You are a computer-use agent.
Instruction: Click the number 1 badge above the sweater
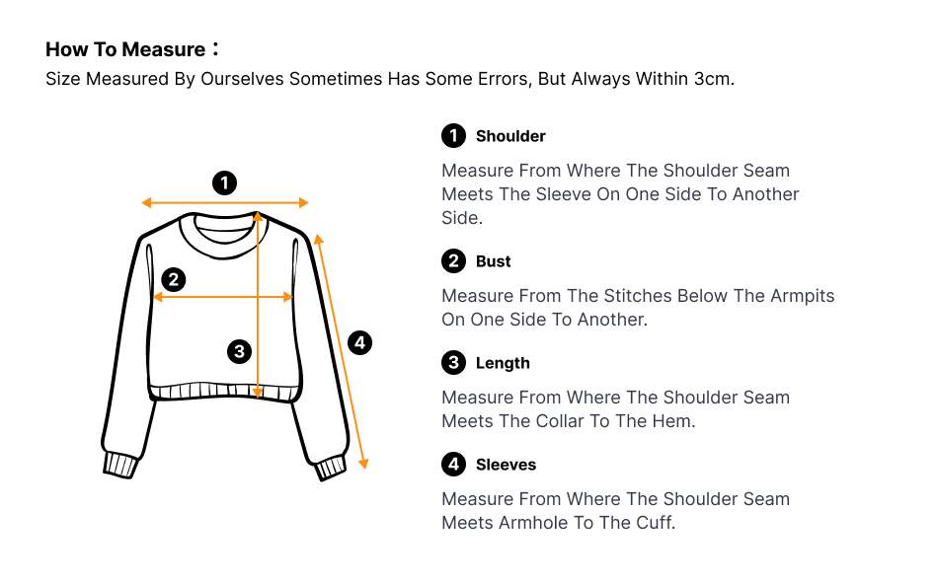(224, 182)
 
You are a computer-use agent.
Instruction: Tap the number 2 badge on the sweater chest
(174, 279)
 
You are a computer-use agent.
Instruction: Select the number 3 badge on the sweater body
(239, 351)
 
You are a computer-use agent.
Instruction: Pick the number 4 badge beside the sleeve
(359, 342)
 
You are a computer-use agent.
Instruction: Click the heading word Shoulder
(510, 136)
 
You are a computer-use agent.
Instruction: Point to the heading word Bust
(494, 261)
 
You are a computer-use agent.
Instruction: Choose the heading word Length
(504, 364)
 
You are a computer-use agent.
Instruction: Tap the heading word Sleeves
(507, 466)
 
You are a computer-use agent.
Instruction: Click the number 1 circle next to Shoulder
(453, 136)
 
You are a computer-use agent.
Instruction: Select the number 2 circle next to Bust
(453, 261)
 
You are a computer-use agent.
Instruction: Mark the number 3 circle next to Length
(453, 363)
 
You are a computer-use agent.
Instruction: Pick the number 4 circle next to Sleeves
(453, 465)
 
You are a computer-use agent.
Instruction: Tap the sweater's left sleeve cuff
(121, 465)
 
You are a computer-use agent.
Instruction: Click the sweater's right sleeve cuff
(331, 468)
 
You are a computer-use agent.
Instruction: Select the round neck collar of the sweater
(223, 237)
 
